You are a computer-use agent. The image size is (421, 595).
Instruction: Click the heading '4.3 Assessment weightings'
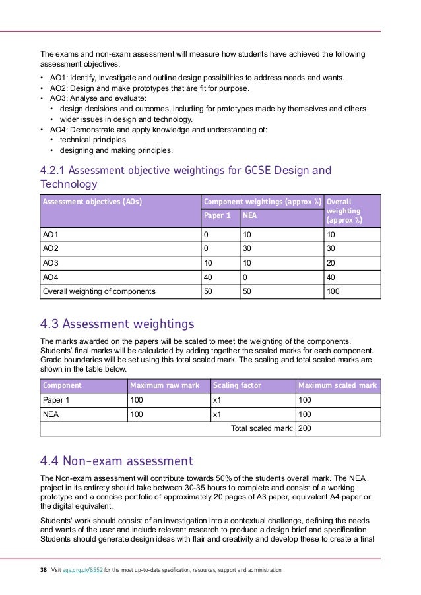[117, 324]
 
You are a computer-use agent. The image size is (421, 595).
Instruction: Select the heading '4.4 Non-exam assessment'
[116, 461]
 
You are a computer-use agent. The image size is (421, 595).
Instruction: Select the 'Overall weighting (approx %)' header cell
[344, 210]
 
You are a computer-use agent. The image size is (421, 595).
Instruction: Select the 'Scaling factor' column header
[237, 385]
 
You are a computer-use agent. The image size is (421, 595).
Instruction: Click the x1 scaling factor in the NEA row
[216, 414]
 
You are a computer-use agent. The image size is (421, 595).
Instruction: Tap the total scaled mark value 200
[306, 429]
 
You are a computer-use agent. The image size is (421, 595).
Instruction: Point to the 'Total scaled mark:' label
[261, 429]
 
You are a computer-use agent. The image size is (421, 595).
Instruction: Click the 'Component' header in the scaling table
[62, 385]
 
